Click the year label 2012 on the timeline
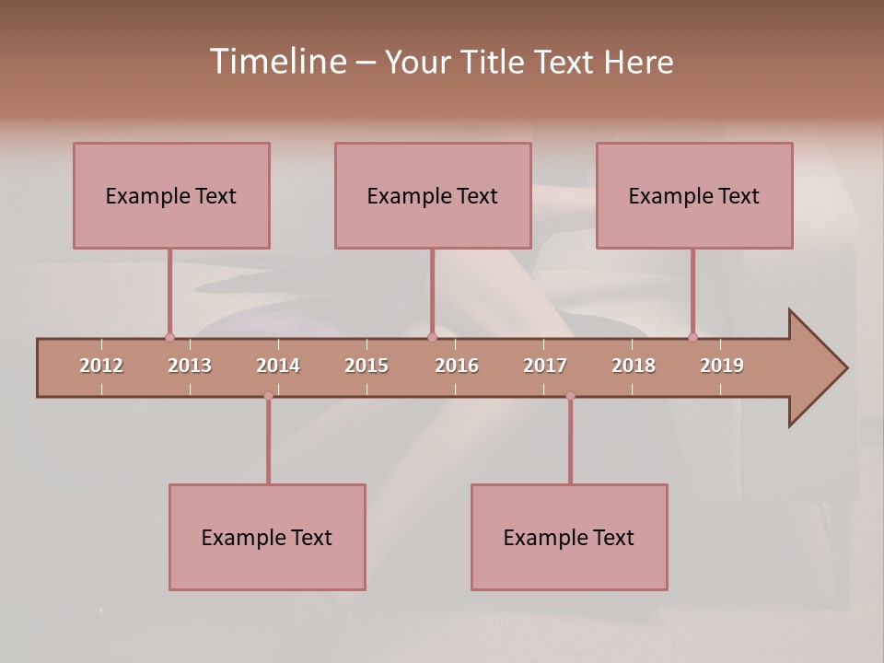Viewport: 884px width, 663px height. tap(101, 366)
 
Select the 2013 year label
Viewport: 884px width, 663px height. tap(190, 366)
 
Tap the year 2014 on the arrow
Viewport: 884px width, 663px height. tap(278, 366)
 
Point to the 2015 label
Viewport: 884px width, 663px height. tap(366, 366)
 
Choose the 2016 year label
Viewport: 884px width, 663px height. tap(457, 366)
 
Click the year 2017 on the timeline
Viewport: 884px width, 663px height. tap(545, 366)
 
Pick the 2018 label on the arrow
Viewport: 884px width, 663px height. tap(634, 366)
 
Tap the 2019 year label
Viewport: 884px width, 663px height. tap(722, 366)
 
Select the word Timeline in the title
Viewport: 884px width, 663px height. tap(275, 62)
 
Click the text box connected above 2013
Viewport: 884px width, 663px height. tap(171, 195)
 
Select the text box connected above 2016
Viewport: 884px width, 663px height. tap(433, 195)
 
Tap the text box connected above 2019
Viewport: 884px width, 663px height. tap(694, 195)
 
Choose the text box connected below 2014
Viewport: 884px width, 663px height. tap(267, 537)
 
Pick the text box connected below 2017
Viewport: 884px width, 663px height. tap(569, 537)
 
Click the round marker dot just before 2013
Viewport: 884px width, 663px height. tap(169, 337)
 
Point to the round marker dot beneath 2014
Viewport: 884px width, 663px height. tap(268, 396)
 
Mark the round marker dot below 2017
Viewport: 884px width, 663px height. tap(570, 396)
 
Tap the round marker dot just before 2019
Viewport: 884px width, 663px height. tap(692, 337)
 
